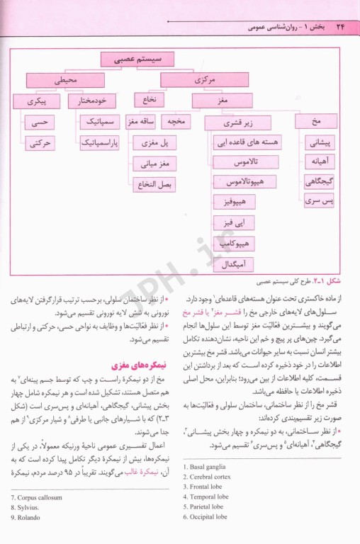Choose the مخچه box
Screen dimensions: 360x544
pos(175,122)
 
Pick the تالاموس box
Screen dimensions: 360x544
pos(243,162)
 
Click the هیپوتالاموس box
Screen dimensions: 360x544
pos(243,183)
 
